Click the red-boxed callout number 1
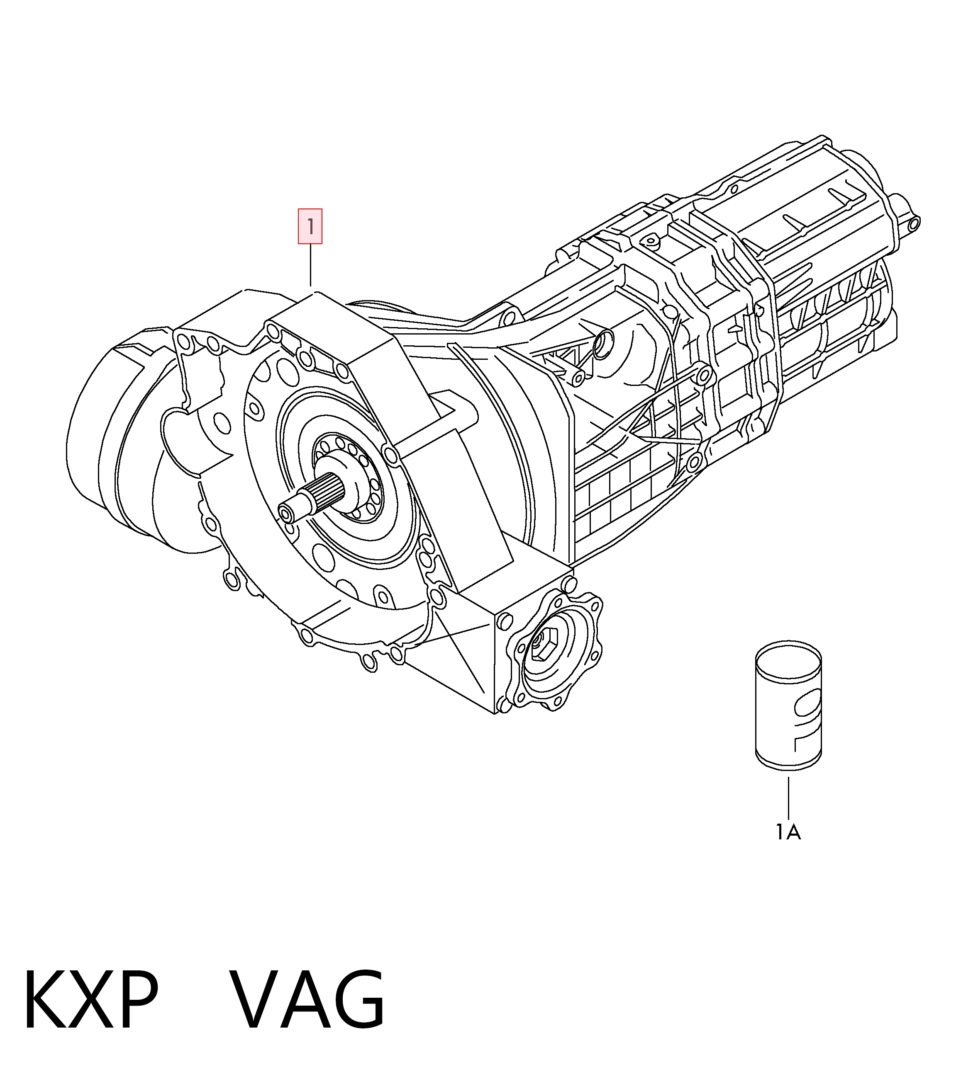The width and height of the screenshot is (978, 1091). coord(310,226)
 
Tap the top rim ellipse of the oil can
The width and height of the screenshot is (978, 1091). coord(788,656)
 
